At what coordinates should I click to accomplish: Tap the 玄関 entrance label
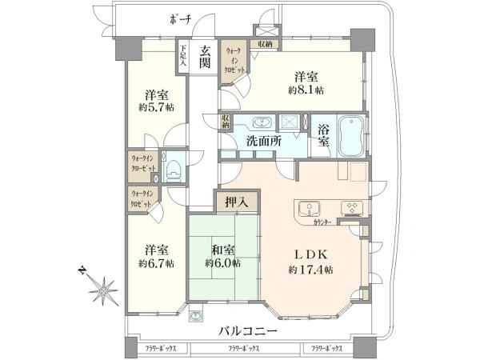(x=205, y=58)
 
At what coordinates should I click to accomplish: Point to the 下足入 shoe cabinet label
(x=183, y=57)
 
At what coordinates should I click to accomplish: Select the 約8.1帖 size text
(x=307, y=91)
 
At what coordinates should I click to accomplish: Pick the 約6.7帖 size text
(x=154, y=263)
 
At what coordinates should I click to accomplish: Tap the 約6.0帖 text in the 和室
(x=221, y=263)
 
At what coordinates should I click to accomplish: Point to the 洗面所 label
(x=263, y=141)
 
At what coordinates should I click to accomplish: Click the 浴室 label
(x=324, y=136)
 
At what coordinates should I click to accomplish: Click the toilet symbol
(x=174, y=170)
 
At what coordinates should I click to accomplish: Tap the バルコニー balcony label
(x=253, y=332)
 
